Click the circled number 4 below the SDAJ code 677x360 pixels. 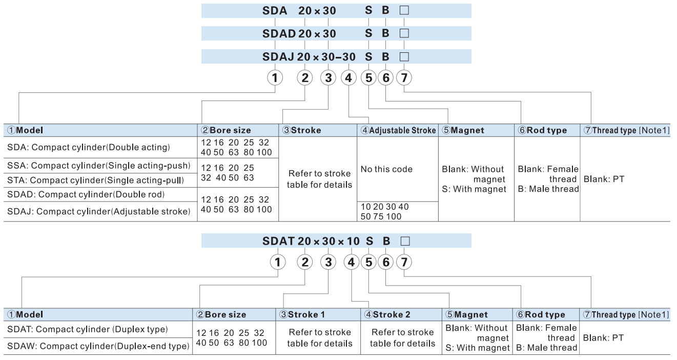pos(348,78)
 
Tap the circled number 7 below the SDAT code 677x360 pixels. pos(404,262)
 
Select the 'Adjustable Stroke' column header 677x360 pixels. pos(398,130)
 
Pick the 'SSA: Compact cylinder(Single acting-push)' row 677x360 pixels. pos(98,166)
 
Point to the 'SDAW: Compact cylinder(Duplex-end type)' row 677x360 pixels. pos(98,346)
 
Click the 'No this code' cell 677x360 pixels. pos(386,169)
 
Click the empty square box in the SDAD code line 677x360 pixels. pos(404,33)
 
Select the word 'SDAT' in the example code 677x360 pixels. pos(278,241)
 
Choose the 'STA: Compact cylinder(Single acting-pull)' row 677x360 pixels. pos(95,180)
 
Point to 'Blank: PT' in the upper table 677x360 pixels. pos(604,179)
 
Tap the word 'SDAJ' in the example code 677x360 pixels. pos(278,56)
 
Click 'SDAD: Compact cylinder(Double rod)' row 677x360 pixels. pos(86,194)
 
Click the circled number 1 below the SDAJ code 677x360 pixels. pos(275,78)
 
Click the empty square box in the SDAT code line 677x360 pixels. pos(405,241)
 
